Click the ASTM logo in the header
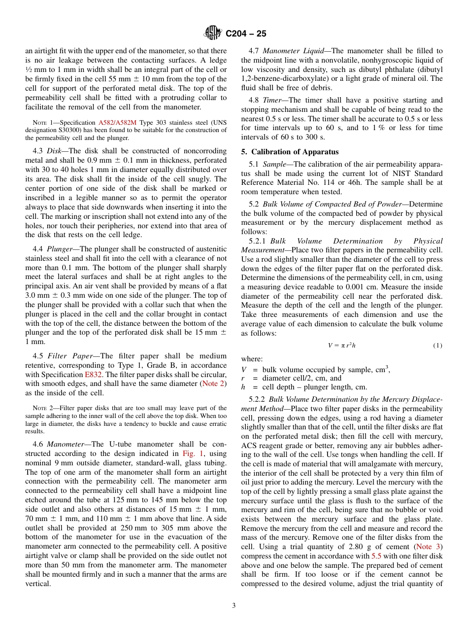pos(213,33)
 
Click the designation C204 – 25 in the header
pos(246,34)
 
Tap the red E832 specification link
pos(94,375)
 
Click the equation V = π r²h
pos(341,346)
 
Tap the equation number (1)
pos(437,346)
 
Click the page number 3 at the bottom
pos(234,605)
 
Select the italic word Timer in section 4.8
pos(271,100)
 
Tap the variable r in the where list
pos(243,378)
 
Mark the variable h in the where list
pos(243,387)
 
